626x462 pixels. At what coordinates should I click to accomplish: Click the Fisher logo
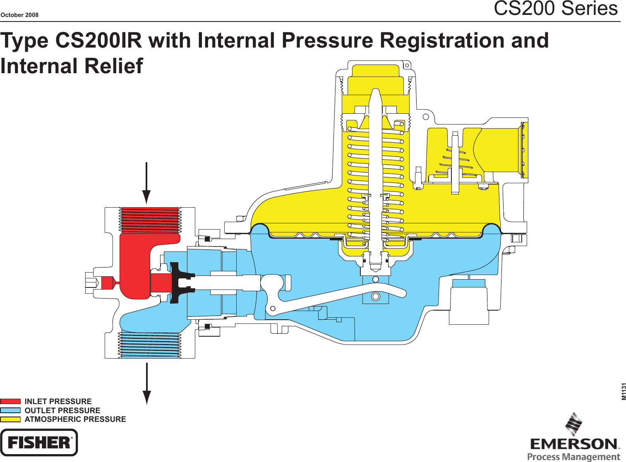(x=39, y=442)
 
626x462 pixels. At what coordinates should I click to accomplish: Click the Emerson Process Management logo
(x=574, y=438)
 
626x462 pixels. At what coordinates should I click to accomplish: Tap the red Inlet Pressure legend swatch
(x=10, y=401)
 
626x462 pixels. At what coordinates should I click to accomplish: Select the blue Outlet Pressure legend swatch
(x=10, y=410)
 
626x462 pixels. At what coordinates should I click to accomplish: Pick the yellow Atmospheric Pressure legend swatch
(x=10, y=419)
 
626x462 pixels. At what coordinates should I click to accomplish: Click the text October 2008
(x=19, y=15)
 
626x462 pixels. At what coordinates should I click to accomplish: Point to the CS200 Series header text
(x=555, y=8)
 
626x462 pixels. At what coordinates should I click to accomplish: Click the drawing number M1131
(x=623, y=391)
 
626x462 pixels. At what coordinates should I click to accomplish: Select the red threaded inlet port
(x=149, y=220)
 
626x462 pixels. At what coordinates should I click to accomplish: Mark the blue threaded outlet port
(x=149, y=345)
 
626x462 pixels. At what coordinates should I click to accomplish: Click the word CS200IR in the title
(x=98, y=41)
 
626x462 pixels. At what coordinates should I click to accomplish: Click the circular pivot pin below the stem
(x=376, y=297)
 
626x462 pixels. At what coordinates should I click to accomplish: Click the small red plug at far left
(x=107, y=283)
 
